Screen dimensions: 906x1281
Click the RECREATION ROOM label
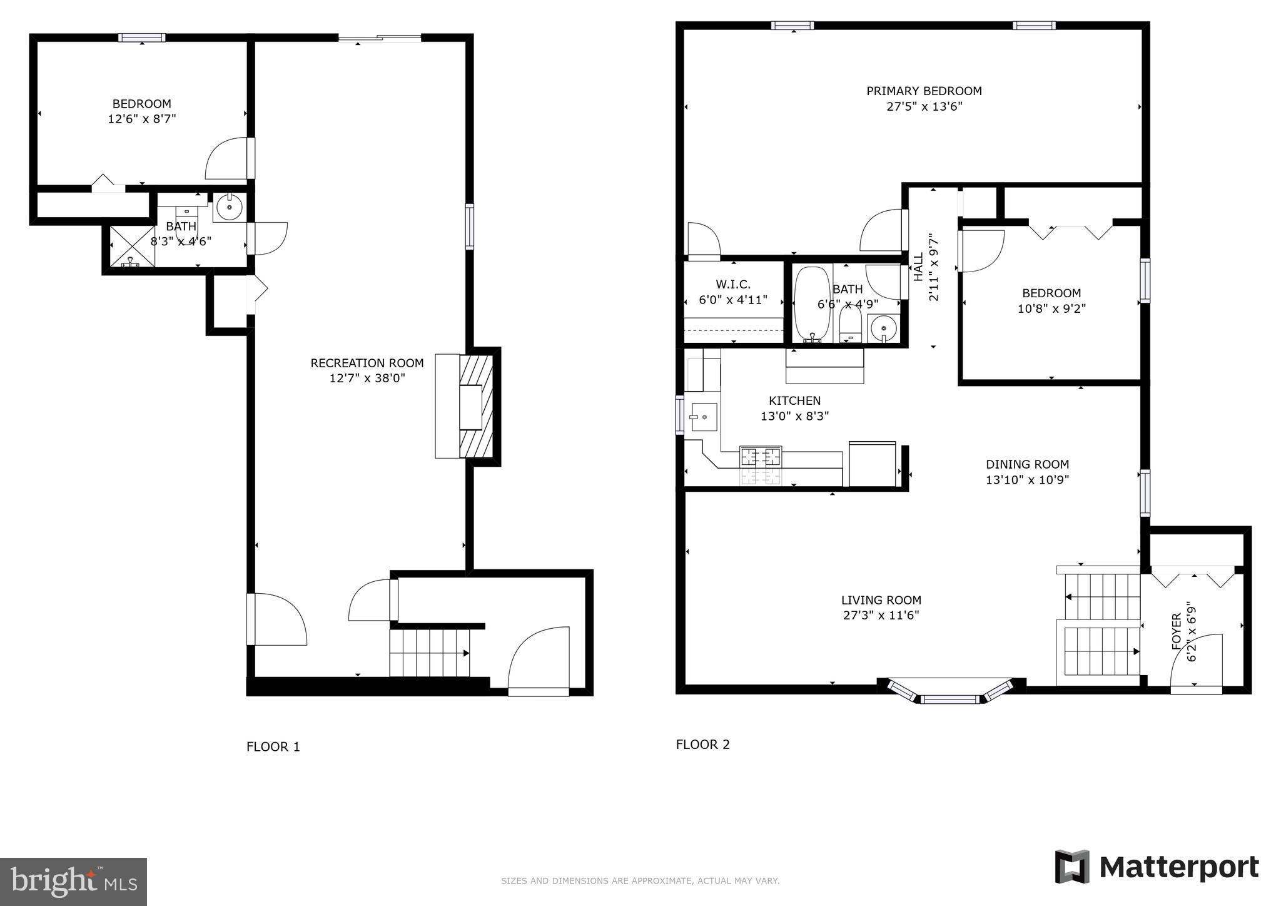367,363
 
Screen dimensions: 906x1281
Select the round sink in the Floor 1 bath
230,207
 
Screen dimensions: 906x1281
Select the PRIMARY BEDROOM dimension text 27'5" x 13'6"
924,106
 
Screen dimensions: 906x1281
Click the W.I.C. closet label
733,285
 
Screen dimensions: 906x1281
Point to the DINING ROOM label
1027,464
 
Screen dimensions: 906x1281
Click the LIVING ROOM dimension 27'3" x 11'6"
881,616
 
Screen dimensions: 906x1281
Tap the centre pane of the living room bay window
949,699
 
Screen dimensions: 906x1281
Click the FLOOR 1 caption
273,746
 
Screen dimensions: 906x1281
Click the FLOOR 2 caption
702,745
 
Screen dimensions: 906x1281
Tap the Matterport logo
1157,867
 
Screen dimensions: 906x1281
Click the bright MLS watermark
73,882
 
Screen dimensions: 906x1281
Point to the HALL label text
918,267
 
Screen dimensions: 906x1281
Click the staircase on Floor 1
429,653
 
